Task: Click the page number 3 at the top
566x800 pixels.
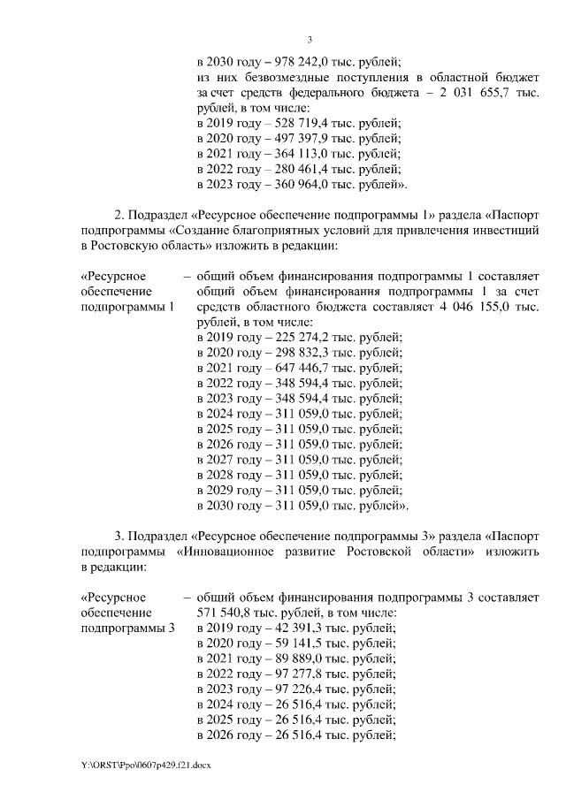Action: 310,39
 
